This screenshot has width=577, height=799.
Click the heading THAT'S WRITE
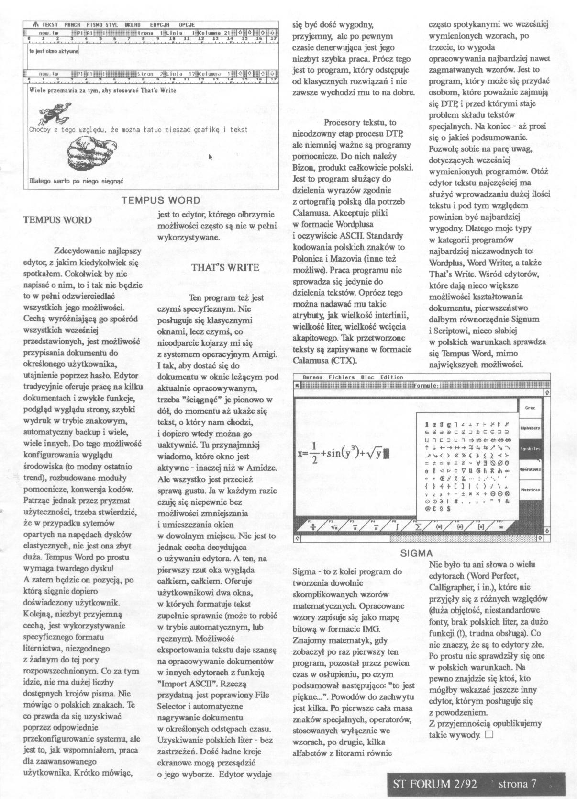tap(225, 267)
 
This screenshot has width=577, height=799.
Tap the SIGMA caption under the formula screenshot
tap(416, 553)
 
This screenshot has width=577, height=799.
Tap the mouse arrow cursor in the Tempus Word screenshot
tap(210, 157)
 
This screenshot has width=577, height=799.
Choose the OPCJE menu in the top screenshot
tap(187, 24)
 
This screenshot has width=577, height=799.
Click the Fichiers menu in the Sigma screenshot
tap(342, 377)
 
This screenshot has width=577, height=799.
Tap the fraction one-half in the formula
tap(314, 453)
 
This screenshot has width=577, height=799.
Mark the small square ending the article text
tap(488, 734)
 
